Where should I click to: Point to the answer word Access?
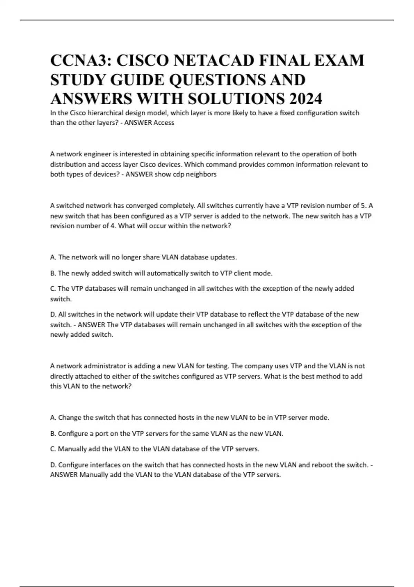pyautogui.click(x=164, y=123)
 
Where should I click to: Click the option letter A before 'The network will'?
pyautogui.click(x=53, y=257)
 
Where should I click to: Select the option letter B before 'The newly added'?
pyautogui.click(x=53, y=273)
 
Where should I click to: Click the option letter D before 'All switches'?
pyautogui.click(x=53, y=315)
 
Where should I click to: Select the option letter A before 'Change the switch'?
pyautogui.click(x=53, y=418)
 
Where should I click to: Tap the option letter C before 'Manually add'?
pyautogui.click(x=53, y=449)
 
